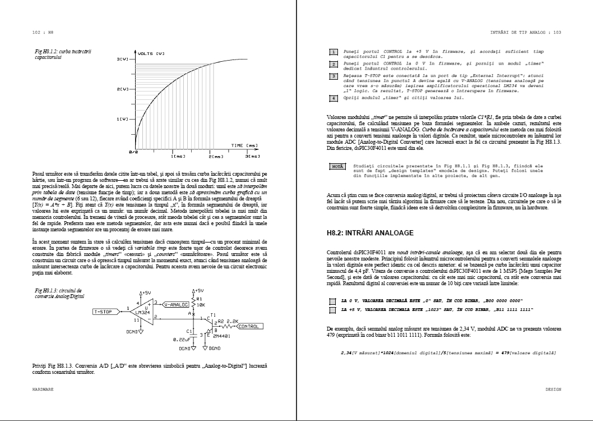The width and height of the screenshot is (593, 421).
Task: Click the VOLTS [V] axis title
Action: coord(151,54)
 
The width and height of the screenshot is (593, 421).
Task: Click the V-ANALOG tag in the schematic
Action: coord(175,304)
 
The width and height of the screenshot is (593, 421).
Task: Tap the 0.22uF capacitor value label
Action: coord(183,340)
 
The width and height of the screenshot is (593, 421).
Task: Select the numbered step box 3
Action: coord(333,76)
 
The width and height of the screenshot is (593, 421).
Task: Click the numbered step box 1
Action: coord(333,52)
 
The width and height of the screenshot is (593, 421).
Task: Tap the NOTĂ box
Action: coord(337,167)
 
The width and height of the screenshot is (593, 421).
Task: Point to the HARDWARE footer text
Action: coord(43,388)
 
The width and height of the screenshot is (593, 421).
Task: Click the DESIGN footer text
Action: coord(553,388)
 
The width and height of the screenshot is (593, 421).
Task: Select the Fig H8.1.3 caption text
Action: coord(52,294)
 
